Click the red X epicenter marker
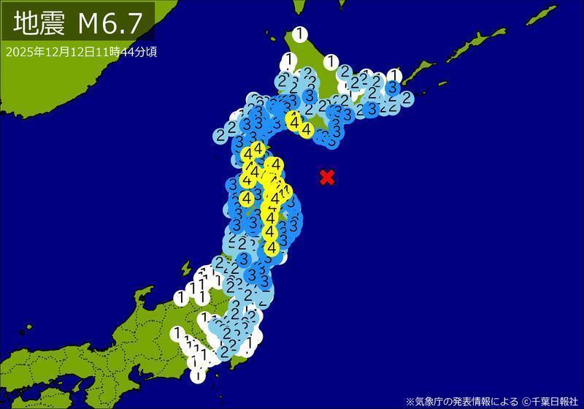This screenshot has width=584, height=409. point(328,177)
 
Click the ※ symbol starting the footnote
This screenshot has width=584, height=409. point(410,401)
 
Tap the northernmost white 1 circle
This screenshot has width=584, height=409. point(299,34)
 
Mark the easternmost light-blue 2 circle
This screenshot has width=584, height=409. point(406,98)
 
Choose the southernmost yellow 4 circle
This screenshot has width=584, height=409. point(271,248)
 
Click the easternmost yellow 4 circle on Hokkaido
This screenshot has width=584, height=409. point(307,129)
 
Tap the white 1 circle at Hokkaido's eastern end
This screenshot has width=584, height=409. point(394,75)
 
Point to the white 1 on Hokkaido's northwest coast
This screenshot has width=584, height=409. point(290,59)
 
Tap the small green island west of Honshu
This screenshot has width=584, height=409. point(185,268)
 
